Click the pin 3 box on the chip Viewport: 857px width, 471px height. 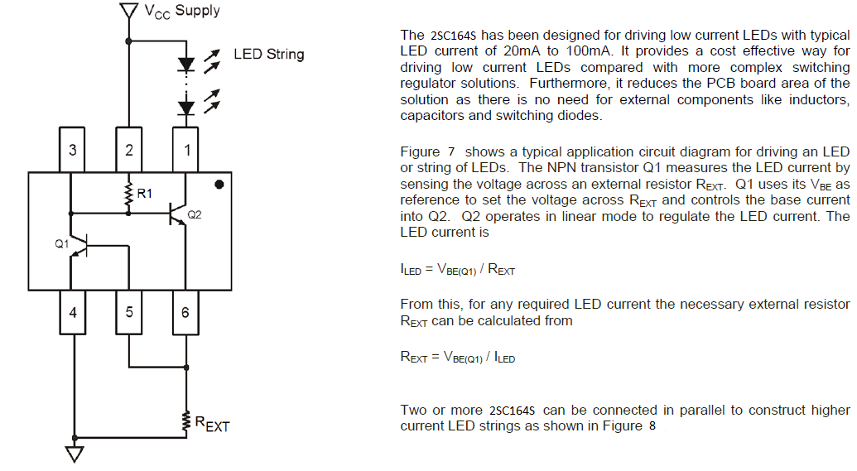point(73,150)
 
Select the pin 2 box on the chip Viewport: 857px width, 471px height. point(128,150)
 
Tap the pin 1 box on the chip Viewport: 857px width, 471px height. point(185,150)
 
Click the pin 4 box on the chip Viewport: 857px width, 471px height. point(73,312)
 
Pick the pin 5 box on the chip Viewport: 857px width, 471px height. point(128,312)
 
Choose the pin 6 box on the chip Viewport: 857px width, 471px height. point(185,312)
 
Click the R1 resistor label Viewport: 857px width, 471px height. point(145,195)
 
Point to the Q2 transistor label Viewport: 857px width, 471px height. point(195,214)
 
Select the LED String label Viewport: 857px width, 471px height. point(268,55)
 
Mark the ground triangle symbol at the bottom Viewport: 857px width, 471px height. point(75,453)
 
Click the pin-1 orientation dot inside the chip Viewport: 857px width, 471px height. point(219,184)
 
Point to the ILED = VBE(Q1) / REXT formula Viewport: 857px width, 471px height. point(458,270)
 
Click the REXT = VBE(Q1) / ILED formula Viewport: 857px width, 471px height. point(458,358)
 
